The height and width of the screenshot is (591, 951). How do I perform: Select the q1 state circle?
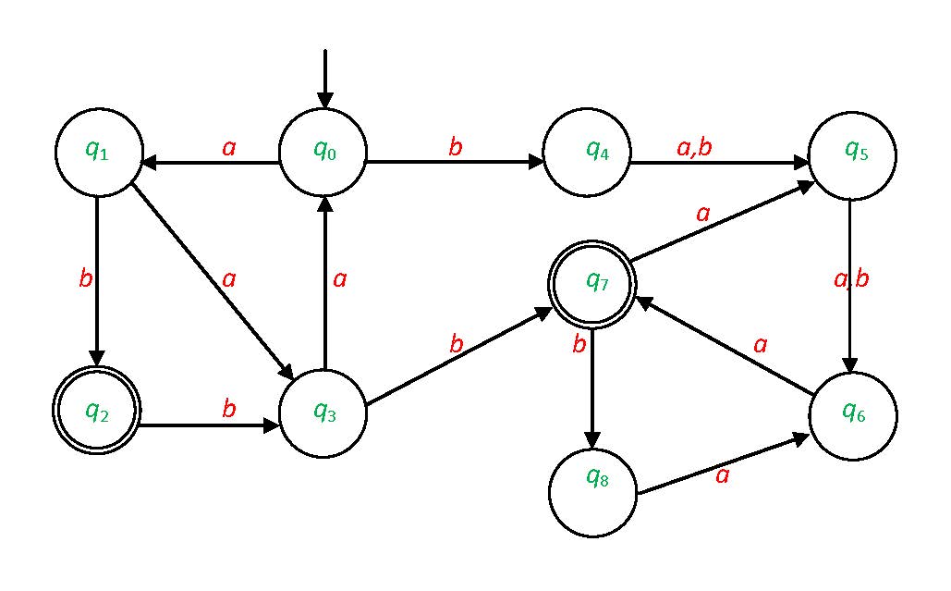click(98, 153)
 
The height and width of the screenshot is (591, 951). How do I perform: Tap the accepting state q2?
click(96, 411)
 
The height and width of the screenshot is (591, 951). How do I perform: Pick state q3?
click(323, 412)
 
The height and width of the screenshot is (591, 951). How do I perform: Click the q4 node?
click(587, 154)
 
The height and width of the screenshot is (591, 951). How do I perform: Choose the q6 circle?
click(852, 413)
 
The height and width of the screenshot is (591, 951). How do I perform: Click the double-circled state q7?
click(592, 285)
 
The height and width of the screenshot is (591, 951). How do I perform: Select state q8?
click(592, 490)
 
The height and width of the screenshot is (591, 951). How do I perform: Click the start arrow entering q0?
click(324, 80)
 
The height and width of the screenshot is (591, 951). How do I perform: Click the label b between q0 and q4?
click(455, 146)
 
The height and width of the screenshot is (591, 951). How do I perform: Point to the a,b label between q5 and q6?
click(851, 279)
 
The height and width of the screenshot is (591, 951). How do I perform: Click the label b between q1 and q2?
click(86, 278)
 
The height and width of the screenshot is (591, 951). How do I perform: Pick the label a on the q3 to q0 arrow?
click(339, 278)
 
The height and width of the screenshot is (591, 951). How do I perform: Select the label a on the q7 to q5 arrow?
click(703, 215)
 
